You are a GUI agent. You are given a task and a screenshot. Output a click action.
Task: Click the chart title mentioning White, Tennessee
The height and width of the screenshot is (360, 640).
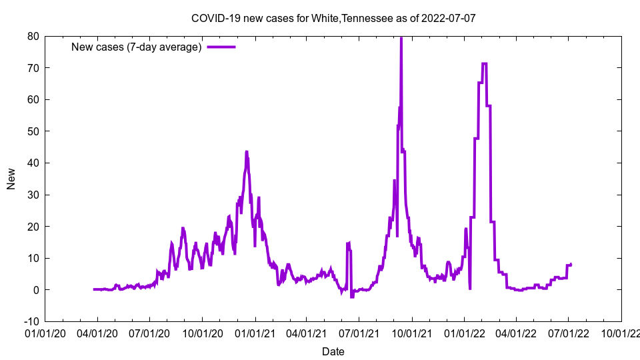pos(333,18)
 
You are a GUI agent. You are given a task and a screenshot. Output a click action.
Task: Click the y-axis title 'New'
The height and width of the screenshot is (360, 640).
pos(11,179)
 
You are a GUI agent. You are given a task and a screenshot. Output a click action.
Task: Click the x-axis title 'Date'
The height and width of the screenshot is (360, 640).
pos(333,351)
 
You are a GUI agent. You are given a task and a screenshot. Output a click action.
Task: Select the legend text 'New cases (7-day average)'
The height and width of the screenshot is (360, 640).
pos(136,47)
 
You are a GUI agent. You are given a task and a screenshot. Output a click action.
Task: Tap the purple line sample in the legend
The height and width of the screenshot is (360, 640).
pos(221,47)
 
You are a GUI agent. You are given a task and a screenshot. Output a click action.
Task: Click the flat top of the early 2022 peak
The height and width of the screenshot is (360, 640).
pos(484,64)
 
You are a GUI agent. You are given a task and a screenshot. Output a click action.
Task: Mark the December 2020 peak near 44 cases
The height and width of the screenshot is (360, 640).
pos(246,152)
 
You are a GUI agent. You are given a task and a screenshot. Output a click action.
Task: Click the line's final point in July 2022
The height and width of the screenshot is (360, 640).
pos(571,265)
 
